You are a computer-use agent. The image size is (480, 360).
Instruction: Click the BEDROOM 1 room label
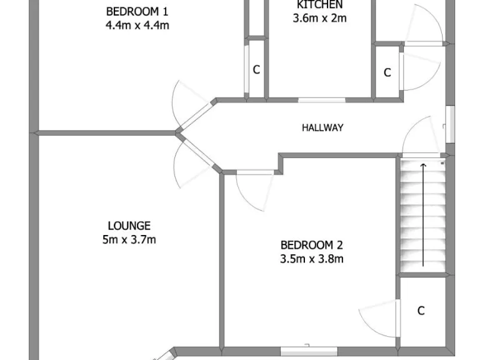(137, 11)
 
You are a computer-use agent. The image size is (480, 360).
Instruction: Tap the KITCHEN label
(319, 5)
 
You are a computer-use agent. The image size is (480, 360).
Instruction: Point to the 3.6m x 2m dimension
(319, 18)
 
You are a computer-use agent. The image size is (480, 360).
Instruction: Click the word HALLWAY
(322, 127)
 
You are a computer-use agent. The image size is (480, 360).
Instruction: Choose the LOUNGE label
(129, 226)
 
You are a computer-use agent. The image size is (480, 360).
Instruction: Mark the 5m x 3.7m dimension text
(129, 239)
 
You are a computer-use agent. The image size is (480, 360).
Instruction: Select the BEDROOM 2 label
(312, 245)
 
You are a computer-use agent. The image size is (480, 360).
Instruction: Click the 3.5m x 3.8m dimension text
(312, 259)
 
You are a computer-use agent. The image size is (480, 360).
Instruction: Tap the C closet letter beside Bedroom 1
(256, 70)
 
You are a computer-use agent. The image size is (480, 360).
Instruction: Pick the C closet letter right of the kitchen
(387, 72)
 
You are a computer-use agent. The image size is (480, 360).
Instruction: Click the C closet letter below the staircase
(421, 310)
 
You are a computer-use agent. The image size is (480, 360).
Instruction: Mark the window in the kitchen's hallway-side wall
(321, 99)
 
